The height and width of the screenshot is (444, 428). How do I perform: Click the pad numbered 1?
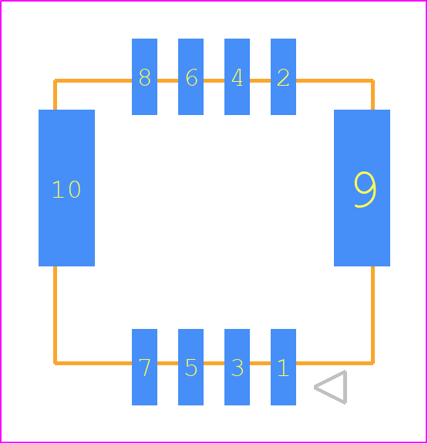pos(283,367)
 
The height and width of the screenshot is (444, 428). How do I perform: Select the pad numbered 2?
pos(283,76)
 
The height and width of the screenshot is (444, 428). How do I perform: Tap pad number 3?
pos(237,367)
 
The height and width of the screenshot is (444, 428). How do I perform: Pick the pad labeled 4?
pos(237,76)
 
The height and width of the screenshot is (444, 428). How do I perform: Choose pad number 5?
pos(190,367)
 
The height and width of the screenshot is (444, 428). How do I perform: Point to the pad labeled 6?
pos(190,76)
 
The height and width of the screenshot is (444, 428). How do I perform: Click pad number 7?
pos(144,367)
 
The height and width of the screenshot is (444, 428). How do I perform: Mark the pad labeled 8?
pos(144,76)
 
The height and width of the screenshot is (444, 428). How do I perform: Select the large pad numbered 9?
pos(362,188)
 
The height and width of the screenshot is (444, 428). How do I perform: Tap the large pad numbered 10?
pos(66,188)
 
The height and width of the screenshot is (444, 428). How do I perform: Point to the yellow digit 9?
pos(366,189)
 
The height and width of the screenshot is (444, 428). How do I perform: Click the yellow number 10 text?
pos(66,189)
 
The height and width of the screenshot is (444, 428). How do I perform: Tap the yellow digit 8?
pos(144,77)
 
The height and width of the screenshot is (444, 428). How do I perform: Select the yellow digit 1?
pos(283,368)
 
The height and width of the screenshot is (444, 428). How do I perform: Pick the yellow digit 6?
pos(191,77)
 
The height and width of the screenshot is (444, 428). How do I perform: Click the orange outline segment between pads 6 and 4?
pos(214,81)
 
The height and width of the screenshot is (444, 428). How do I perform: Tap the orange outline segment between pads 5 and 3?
pos(214,363)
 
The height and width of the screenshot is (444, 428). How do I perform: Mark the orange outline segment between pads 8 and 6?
pos(168,81)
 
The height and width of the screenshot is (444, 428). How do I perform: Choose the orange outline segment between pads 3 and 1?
pos(260,363)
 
